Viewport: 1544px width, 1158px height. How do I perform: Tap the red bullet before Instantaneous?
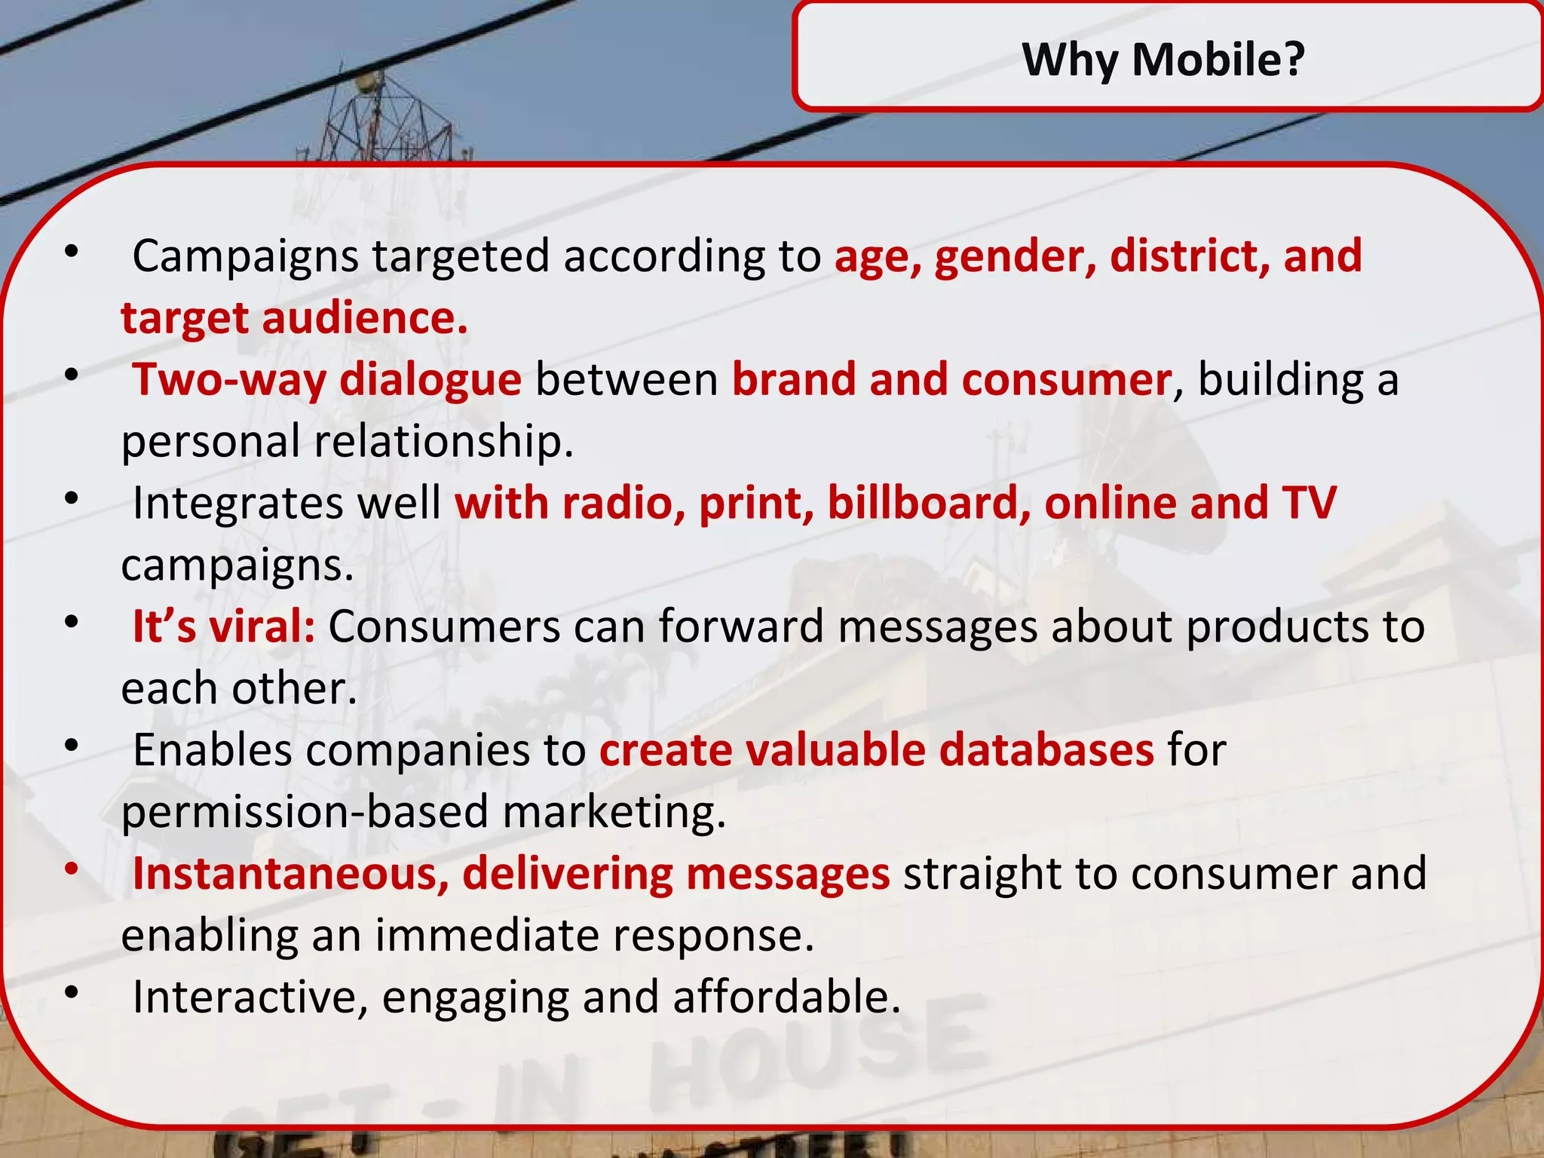[72, 869]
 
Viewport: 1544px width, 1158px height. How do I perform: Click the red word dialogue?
[430, 380]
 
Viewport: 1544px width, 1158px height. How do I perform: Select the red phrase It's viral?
[224, 626]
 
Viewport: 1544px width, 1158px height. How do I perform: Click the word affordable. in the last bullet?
[786, 997]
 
